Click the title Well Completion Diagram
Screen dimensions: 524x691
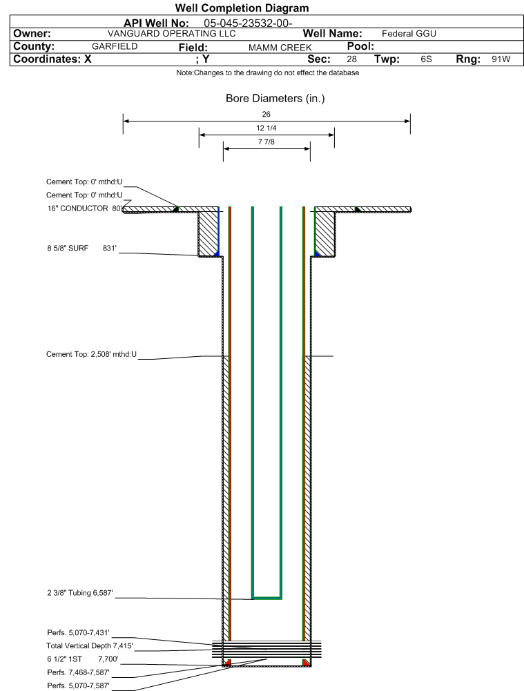(242, 8)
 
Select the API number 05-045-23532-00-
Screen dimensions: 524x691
(248, 23)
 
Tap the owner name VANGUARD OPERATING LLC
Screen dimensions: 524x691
(172, 34)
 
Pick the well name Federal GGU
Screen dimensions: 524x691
(409, 34)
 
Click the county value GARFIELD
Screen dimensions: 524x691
(115, 46)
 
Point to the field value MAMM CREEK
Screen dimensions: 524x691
(280, 48)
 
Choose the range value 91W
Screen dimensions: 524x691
(501, 59)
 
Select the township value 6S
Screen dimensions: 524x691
(426, 59)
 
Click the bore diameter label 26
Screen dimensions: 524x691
(266, 114)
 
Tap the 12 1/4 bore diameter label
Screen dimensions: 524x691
(266, 128)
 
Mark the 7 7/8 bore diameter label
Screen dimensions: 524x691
(266, 142)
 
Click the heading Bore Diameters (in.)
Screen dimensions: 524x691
(275, 98)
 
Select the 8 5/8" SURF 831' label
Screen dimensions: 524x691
(82, 248)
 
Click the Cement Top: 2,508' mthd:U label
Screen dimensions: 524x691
(91, 354)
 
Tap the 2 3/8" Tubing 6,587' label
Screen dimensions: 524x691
(80, 593)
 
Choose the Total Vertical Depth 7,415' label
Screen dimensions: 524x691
(90, 645)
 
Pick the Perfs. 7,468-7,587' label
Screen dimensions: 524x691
(79, 672)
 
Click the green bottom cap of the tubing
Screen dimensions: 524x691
(266, 598)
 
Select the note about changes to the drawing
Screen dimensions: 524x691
(267, 72)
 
